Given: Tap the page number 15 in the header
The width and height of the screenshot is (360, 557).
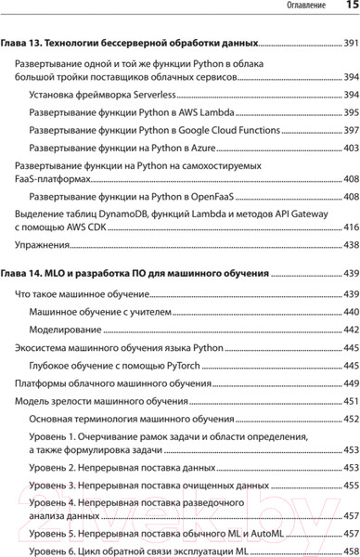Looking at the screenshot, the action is click(350, 7).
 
